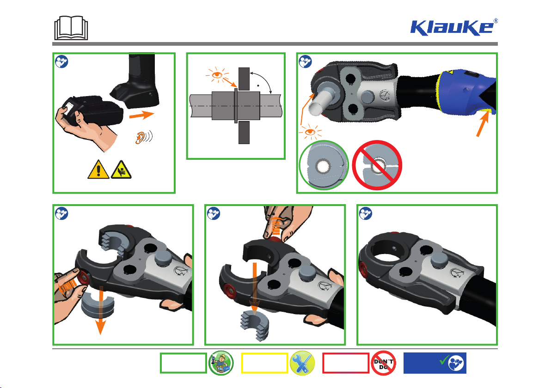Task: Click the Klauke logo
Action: [453, 27]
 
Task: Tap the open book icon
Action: [71, 28]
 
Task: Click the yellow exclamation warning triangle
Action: [98, 169]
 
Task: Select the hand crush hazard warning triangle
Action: [121, 169]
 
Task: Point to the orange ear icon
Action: [144, 137]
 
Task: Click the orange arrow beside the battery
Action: [141, 115]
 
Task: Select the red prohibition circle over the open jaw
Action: [377, 165]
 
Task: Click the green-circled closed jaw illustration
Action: [323, 165]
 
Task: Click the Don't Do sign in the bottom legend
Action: [383, 363]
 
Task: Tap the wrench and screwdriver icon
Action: [302, 363]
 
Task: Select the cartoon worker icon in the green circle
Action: [221, 363]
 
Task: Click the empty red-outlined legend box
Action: [346, 363]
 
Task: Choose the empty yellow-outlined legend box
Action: [264, 363]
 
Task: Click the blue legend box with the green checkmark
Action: [435, 363]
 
